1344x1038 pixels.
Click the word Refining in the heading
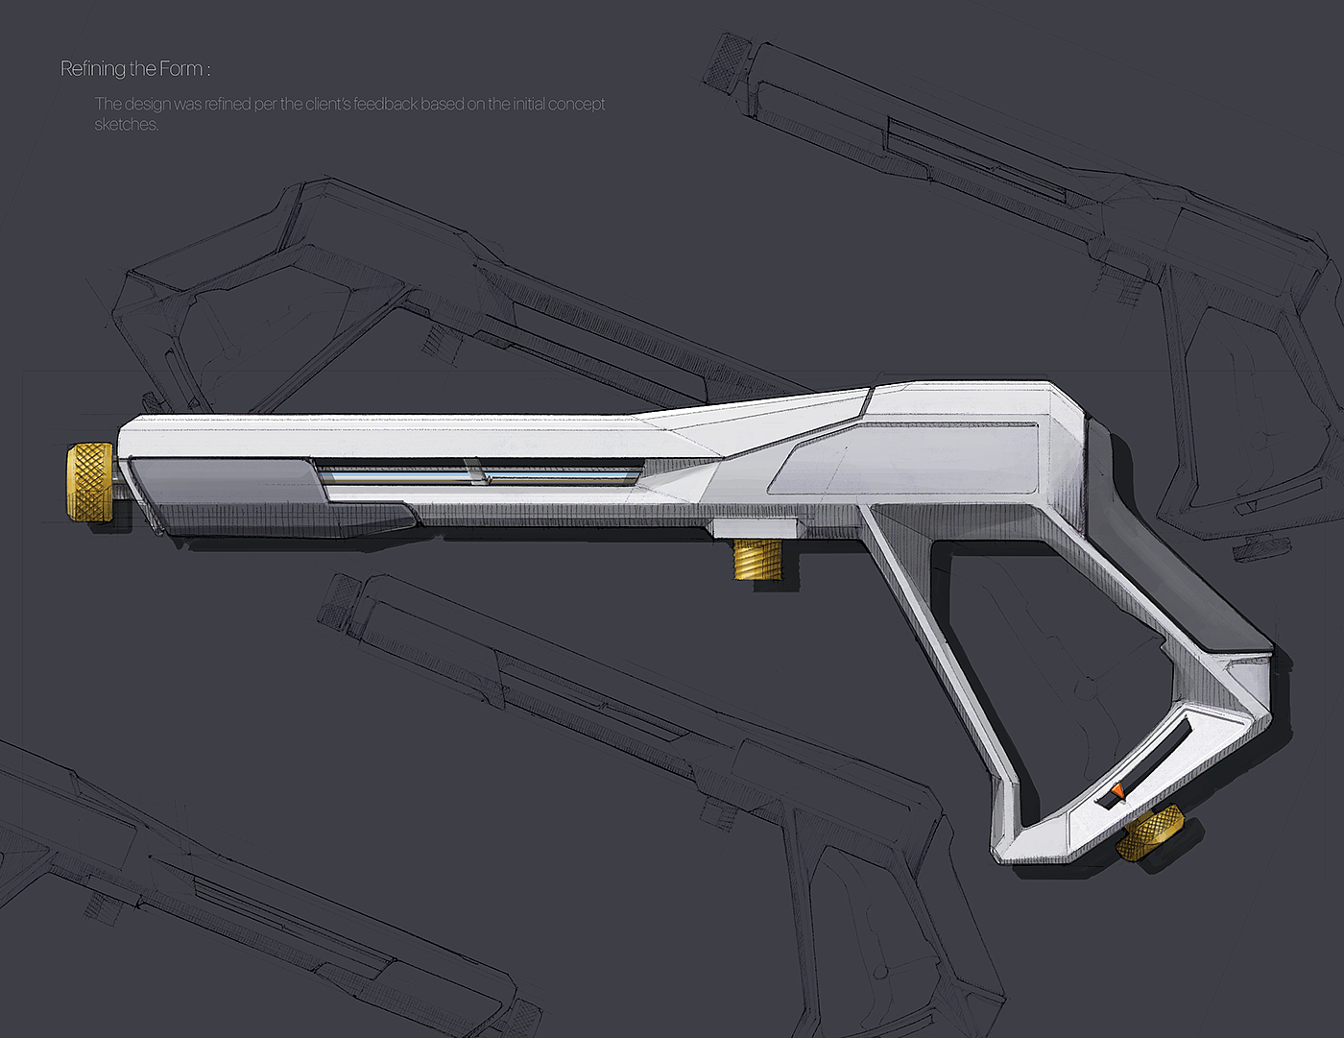pos(93,69)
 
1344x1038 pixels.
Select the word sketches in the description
pos(125,125)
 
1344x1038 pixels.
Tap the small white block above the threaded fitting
pos(755,527)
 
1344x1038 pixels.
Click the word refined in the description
pos(228,104)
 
